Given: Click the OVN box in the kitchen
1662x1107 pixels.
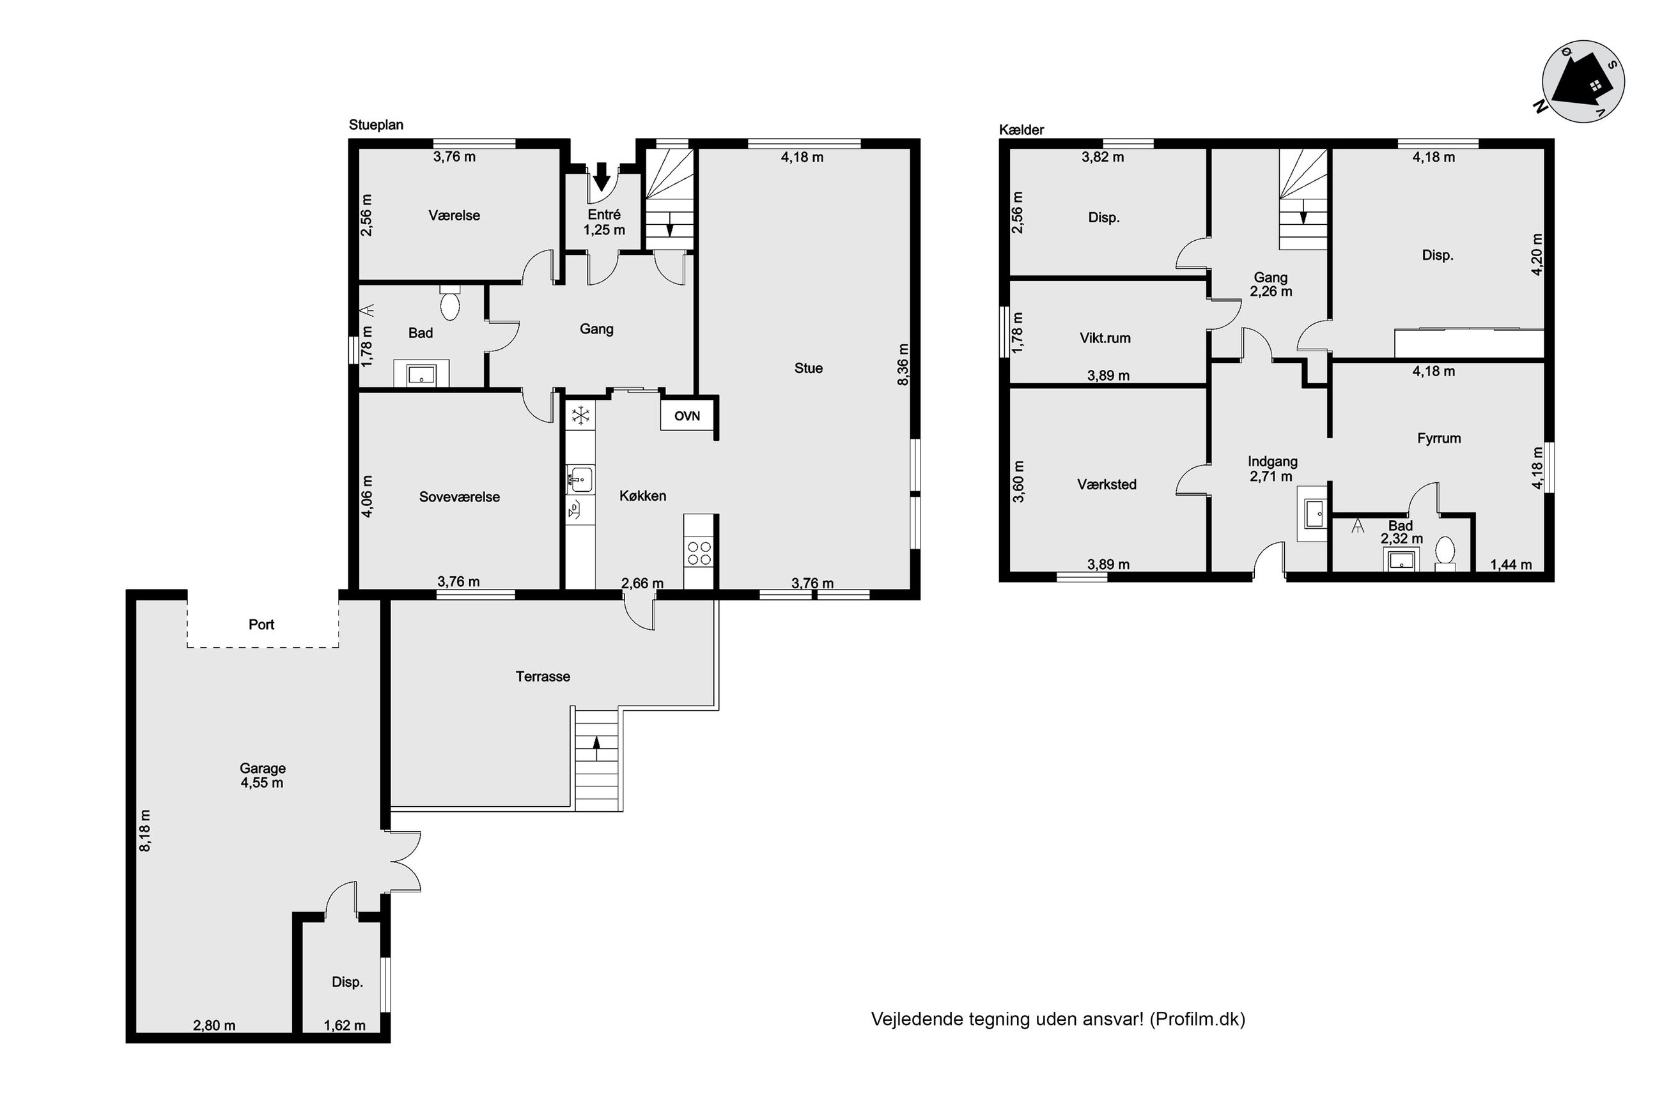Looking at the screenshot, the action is [687, 416].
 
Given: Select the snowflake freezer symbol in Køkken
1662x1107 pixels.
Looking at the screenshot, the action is [580, 415].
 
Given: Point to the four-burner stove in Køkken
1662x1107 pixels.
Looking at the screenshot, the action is [699, 551].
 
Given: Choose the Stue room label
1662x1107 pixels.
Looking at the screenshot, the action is [808, 368].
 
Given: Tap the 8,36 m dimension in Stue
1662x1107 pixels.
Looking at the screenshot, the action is [903, 364].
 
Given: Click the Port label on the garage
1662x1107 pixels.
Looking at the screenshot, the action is [261, 624].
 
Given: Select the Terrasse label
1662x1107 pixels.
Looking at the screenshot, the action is [543, 676].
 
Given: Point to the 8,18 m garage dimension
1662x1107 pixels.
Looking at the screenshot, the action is [145, 830].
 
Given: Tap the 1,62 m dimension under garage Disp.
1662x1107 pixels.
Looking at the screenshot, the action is [345, 1025].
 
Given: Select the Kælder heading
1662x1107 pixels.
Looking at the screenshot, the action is [1021, 129].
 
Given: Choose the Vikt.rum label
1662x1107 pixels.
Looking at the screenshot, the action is [1105, 337].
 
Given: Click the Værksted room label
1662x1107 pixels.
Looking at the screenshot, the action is [1107, 484].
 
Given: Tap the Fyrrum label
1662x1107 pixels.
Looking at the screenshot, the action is [1439, 438].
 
